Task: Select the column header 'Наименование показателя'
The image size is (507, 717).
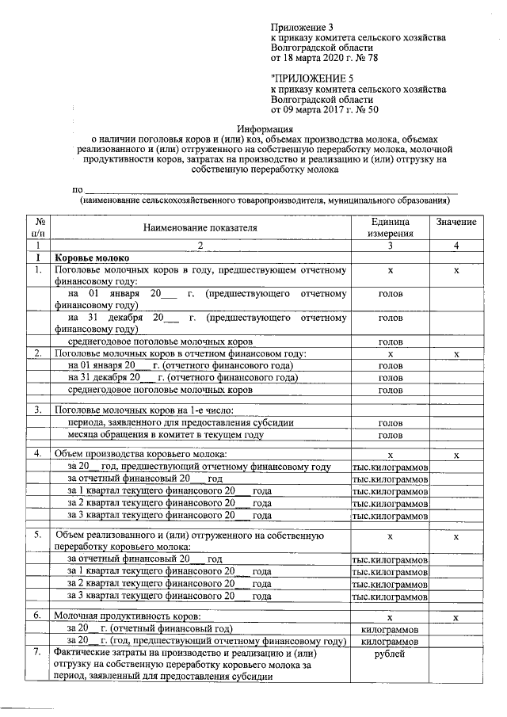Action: pos(200,227)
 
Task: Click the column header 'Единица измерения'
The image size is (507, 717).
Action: pos(390,227)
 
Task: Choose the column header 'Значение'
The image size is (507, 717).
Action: pos(456,222)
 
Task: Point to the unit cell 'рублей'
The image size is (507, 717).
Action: pos(390,654)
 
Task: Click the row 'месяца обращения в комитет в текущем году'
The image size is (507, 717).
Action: pos(165,435)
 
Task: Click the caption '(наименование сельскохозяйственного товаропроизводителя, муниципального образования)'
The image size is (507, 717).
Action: pos(265,201)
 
